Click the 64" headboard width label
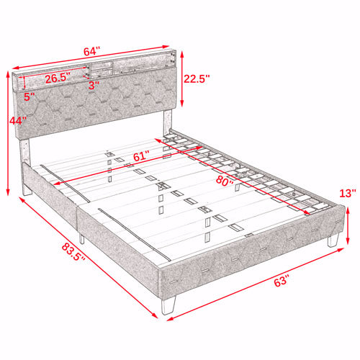pos(91,52)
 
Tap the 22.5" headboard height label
pos(197,78)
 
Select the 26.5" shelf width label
pos(58,78)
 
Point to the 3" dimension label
pos(94,86)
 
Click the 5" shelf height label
pos(30,97)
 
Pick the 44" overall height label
pos(17,121)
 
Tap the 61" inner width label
pos(141,156)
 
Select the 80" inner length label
pos(225,181)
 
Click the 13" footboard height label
pos(348,193)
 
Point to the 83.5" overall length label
pos(73,252)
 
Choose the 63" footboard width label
pos(281,281)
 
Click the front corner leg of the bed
pos(168,305)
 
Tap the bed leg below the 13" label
pos(333,240)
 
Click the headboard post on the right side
pos(168,122)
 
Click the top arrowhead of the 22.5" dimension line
pos(182,54)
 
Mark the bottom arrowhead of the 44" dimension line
pos(8,192)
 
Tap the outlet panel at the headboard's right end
pos(172,58)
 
